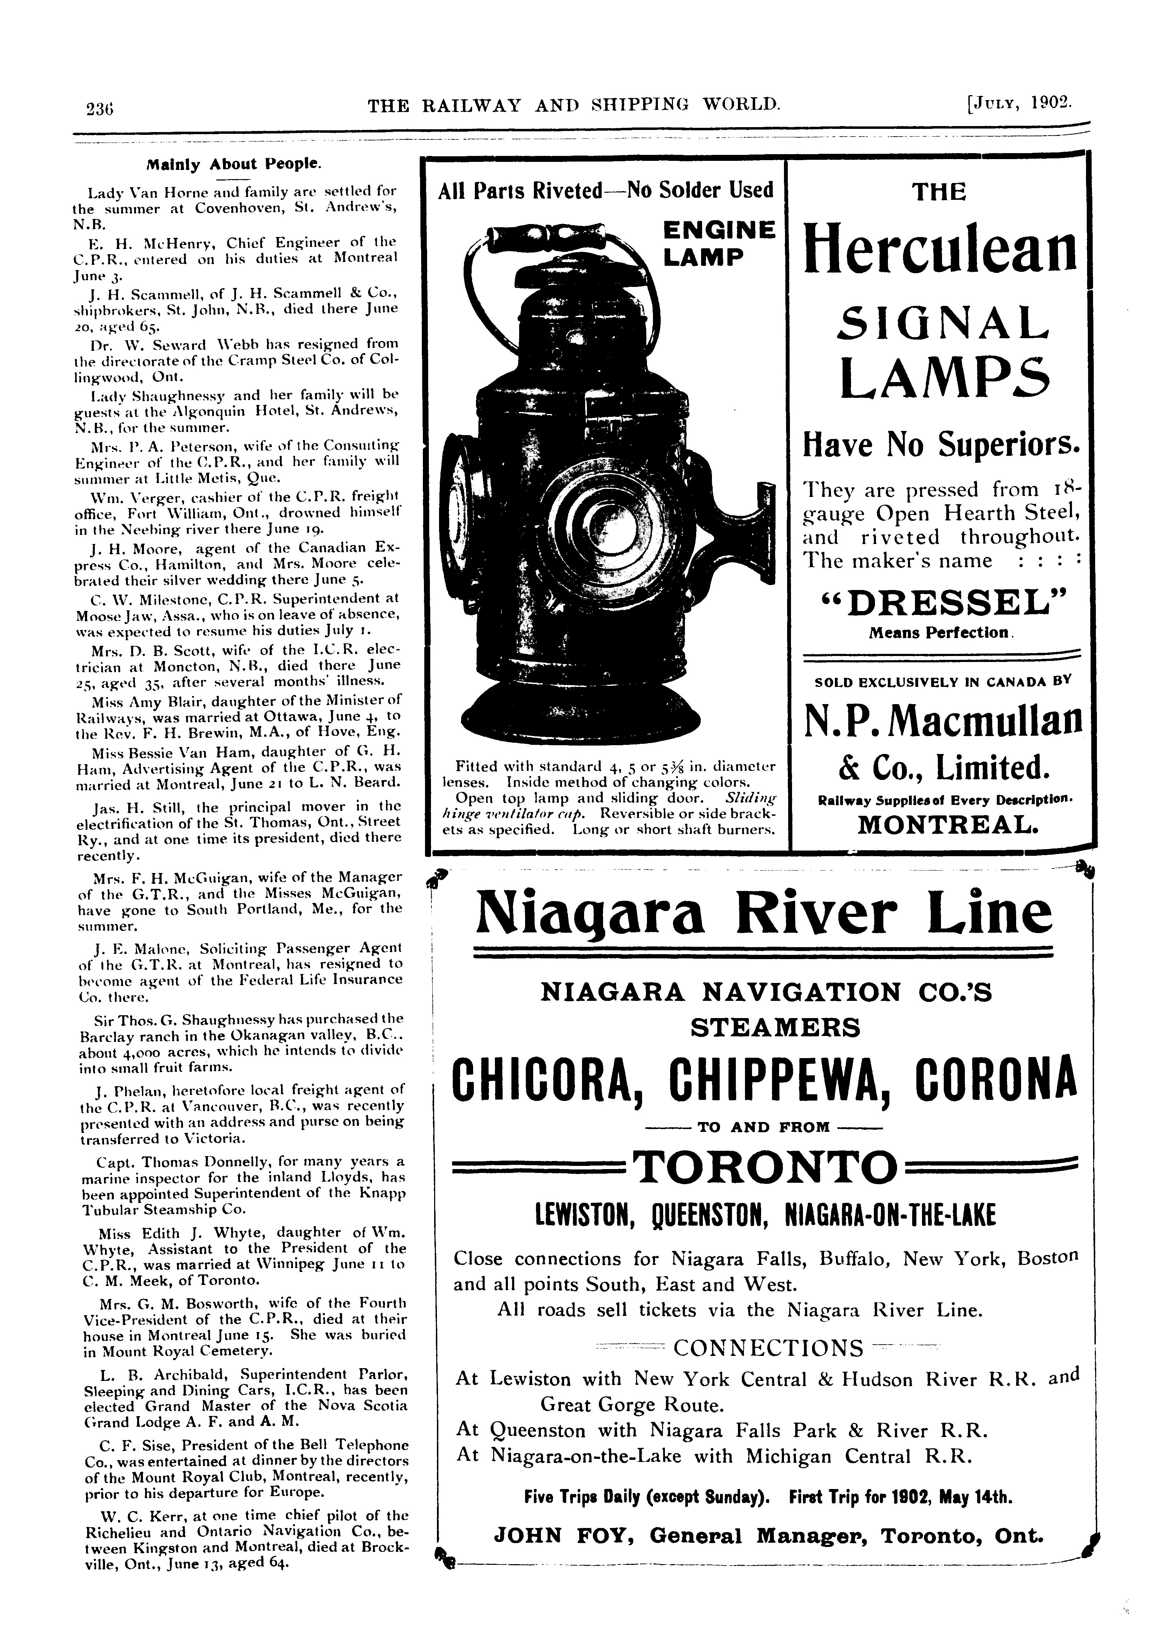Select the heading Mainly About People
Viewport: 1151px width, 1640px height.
coord(234,164)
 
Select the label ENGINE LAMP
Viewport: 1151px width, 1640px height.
coord(717,243)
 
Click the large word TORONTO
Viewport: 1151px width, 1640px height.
coord(765,1169)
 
